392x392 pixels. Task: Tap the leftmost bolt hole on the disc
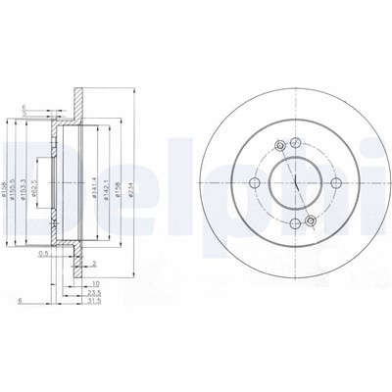(255, 183)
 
